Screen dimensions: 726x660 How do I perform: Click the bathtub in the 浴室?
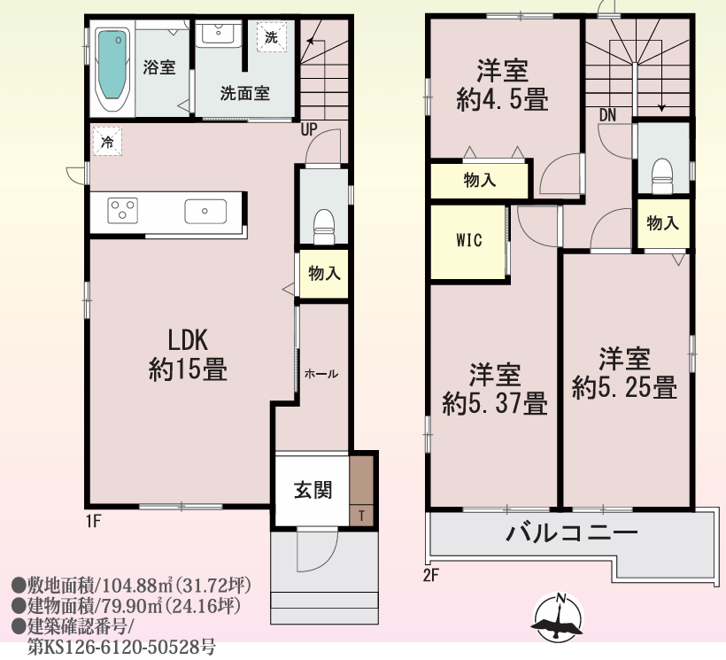[x=112, y=68]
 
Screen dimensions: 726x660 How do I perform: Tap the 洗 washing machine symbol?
[x=271, y=36]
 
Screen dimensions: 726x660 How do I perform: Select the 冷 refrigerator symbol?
[x=107, y=141]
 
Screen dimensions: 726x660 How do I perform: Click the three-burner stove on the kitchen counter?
[x=123, y=210]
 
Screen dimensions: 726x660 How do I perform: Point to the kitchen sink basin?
[x=205, y=212]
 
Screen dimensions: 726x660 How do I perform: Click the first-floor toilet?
[x=324, y=227]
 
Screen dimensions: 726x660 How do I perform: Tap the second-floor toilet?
[x=661, y=176]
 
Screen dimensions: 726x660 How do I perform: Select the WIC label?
[x=469, y=240]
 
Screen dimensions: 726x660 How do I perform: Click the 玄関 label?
[x=313, y=490]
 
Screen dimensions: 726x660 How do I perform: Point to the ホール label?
[x=321, y=374]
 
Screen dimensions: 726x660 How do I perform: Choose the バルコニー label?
[x=572, y=533]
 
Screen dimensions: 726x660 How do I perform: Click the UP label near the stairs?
[x=309, y=129]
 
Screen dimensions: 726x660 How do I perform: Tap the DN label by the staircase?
[x=607, y=115]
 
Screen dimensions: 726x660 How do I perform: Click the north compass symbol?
[x=558, y=617]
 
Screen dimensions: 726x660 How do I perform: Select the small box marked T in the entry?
[x=361, y=515]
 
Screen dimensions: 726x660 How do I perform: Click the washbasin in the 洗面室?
[x=218, y=33]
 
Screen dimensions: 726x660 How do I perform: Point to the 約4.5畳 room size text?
[x=502, y=99]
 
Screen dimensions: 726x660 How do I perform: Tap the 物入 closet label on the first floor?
[x=324, y=273]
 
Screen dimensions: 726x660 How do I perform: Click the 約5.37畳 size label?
[x=495, y=403]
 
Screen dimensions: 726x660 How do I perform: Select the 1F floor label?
[x=93, y=521]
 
